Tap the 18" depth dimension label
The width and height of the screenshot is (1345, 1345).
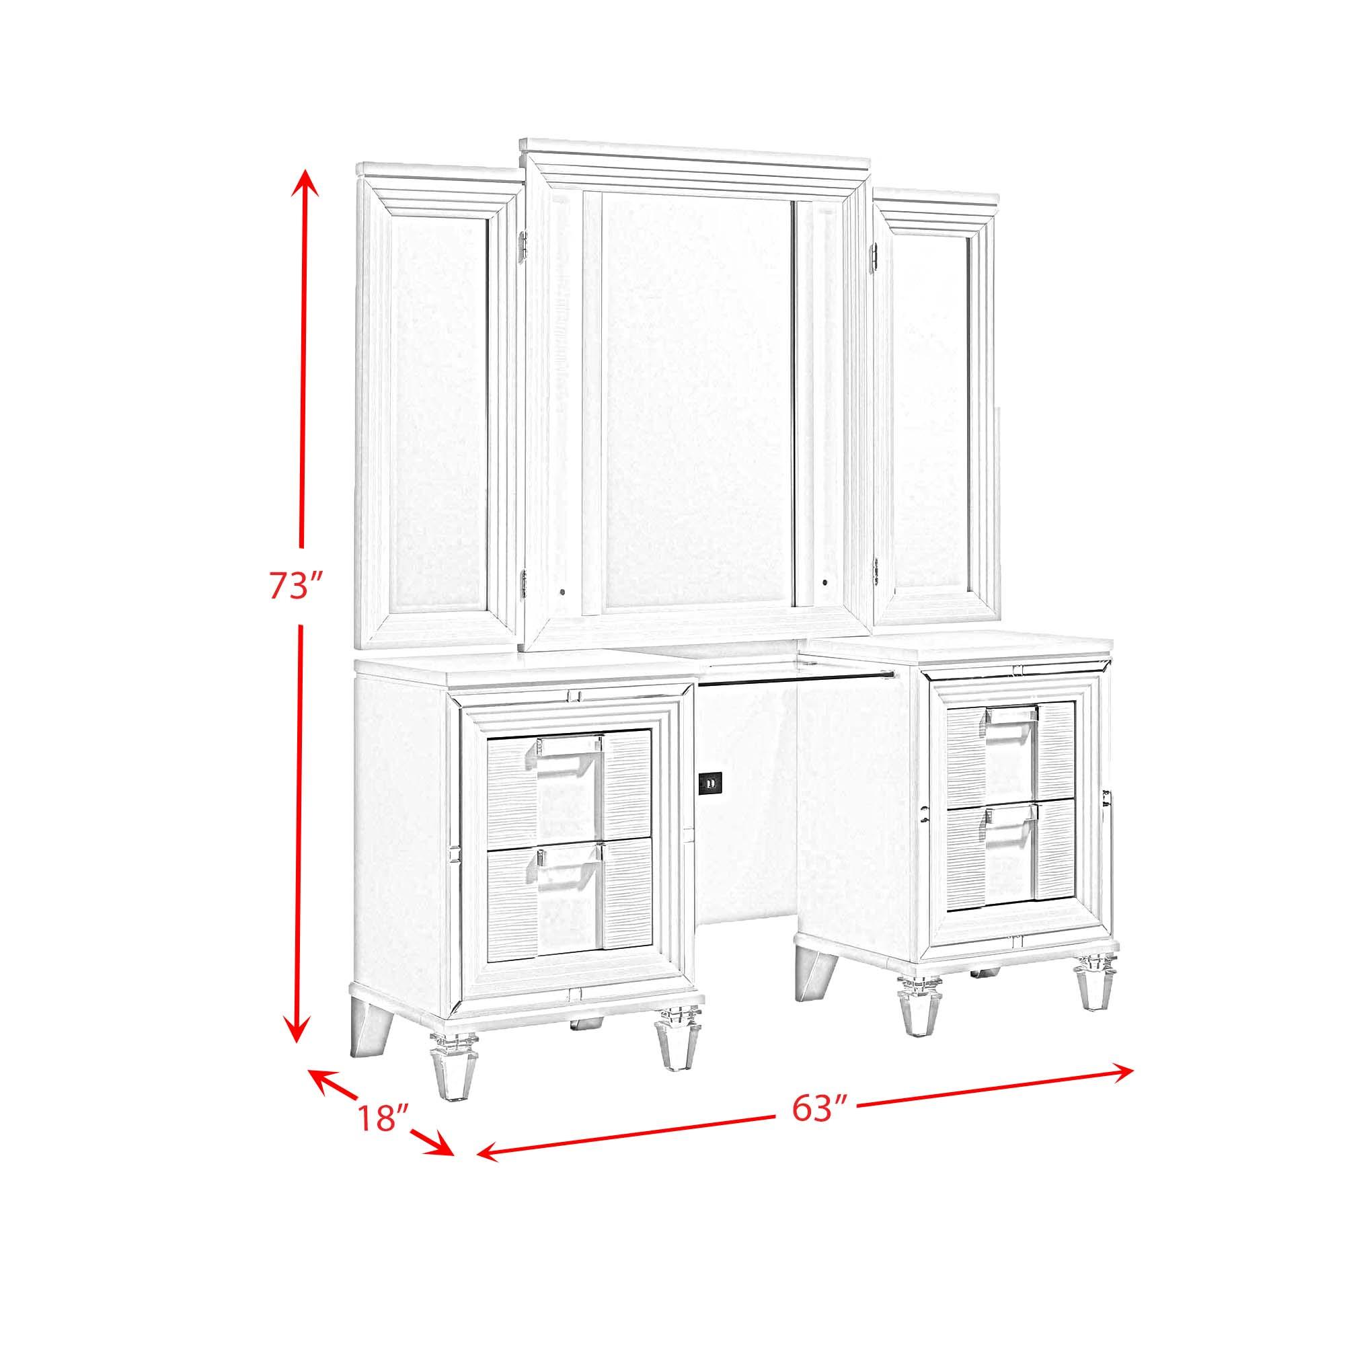pos(382,1136)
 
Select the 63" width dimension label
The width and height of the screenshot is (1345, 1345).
pos(812,1126)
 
